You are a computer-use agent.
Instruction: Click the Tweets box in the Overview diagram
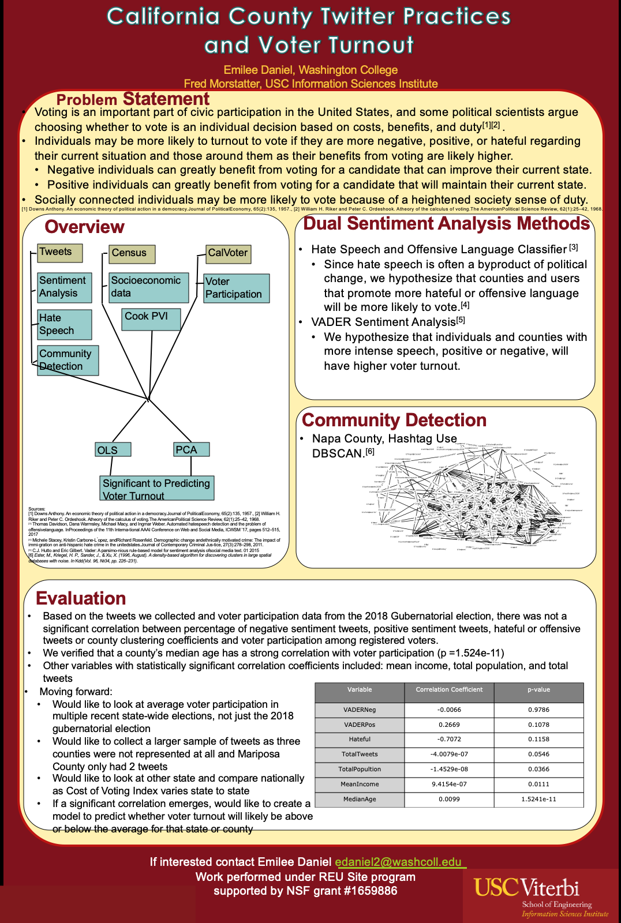point(60,253)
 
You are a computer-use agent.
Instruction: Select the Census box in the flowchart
point(132,254)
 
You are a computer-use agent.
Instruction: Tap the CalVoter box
point(229,253)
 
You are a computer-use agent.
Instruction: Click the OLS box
point(113,450)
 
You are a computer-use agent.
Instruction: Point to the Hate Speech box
point(65,325)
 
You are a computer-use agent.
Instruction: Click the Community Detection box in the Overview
point(68,360)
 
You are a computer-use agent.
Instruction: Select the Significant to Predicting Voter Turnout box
point(156,489)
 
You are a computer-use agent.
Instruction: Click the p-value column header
point(538,690)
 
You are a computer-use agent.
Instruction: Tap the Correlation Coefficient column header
point(449,690)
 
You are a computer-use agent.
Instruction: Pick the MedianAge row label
point(360,800)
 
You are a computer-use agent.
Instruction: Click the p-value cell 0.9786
point(538,710)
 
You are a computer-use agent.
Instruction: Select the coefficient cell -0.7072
point(449,740)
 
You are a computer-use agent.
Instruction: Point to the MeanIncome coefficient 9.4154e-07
point(449,785)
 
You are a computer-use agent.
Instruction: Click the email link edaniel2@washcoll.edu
point(399,862)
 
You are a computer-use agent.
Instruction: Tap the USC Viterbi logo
point(541,896)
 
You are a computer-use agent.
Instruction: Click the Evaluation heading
point(81,599)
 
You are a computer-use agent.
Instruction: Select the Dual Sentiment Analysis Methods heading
point(446,224)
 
